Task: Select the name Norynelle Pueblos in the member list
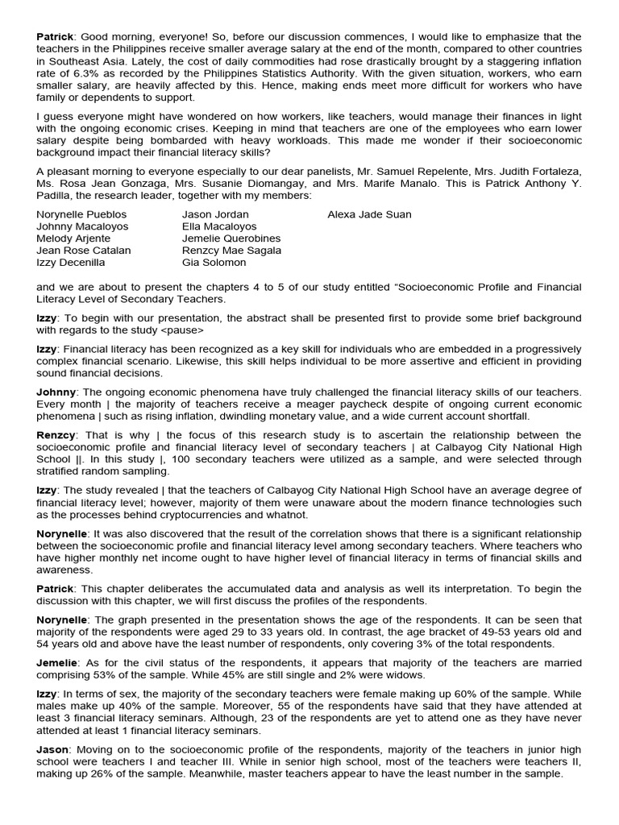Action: pos(81,214)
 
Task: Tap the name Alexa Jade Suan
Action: pos(369,214)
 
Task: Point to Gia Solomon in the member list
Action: pos(214,263)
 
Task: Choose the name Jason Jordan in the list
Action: pos(215,214)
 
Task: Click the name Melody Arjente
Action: pos(73,238)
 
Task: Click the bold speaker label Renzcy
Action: pos(56,435)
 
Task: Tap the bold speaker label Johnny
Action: pos(56,392)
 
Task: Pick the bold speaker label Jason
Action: pos(52,750)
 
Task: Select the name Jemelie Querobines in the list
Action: pos(231,238)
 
